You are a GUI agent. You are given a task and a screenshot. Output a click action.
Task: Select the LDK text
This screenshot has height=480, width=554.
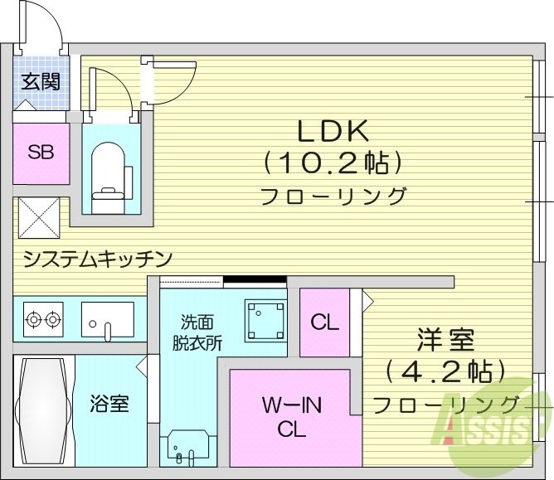pos(333,131)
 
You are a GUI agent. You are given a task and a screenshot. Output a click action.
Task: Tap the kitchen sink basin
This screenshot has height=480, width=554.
pos(107,318)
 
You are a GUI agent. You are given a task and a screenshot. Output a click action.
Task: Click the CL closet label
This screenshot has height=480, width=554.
pos(324,322)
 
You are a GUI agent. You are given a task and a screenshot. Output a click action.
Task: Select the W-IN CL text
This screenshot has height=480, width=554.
pos(292,419)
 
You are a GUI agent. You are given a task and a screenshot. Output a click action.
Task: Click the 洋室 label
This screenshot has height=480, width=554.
pos(445,340)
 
